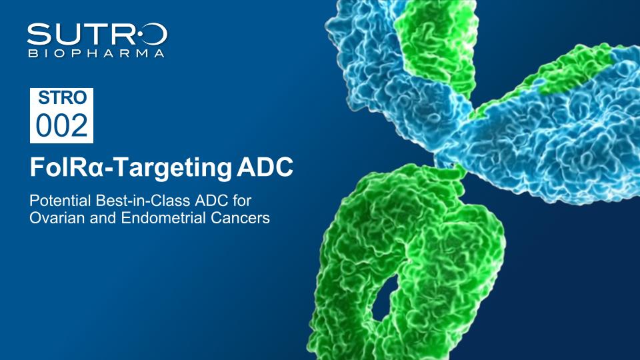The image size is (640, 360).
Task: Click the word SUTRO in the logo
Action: click(97, 34)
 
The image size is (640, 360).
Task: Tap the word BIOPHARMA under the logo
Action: click(97, 53)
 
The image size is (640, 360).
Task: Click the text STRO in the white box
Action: click(62, 97)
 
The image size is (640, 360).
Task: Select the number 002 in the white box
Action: click(61, 125)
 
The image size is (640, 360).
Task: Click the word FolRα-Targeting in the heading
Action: click(131, 168)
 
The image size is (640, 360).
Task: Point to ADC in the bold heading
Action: click(265, 167)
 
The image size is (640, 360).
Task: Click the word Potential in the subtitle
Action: click(60, 201)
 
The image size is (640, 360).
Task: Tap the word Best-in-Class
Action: click(143, 201)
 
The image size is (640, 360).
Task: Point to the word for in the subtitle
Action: click(241, 201)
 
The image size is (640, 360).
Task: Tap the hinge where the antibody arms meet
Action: click(451, 161)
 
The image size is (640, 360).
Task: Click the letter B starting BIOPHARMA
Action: click(31, 53)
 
